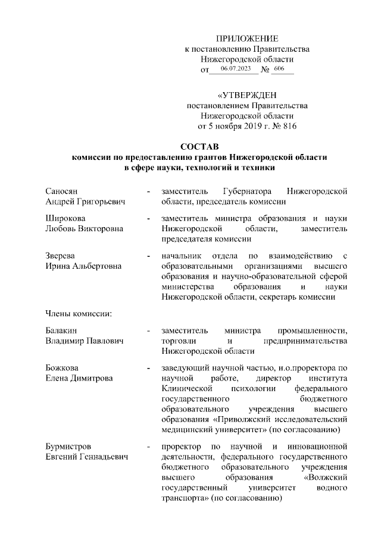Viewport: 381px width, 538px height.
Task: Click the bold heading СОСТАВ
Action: [x=199, y=146]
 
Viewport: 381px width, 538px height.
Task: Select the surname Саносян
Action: [x=62, y=192]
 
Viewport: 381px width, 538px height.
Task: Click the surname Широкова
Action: [x=64, y=218]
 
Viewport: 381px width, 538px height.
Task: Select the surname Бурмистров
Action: [x=68, y=445]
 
